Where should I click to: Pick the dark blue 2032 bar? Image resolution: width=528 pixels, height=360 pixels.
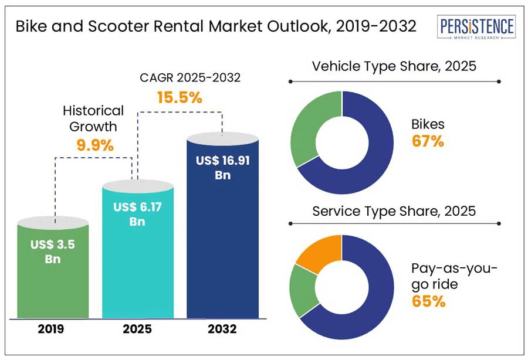[x=222, y=246]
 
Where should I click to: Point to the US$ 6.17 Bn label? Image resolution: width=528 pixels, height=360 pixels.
[x=138, y=214]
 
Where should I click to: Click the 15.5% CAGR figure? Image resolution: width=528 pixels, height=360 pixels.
[x=180, y=97]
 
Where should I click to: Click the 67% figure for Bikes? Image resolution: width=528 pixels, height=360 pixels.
[x=428, y=141]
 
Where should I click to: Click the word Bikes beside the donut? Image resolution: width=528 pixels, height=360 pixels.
[x=428, y=124]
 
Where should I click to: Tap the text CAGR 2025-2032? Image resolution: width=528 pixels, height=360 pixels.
[x=182, y=77]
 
